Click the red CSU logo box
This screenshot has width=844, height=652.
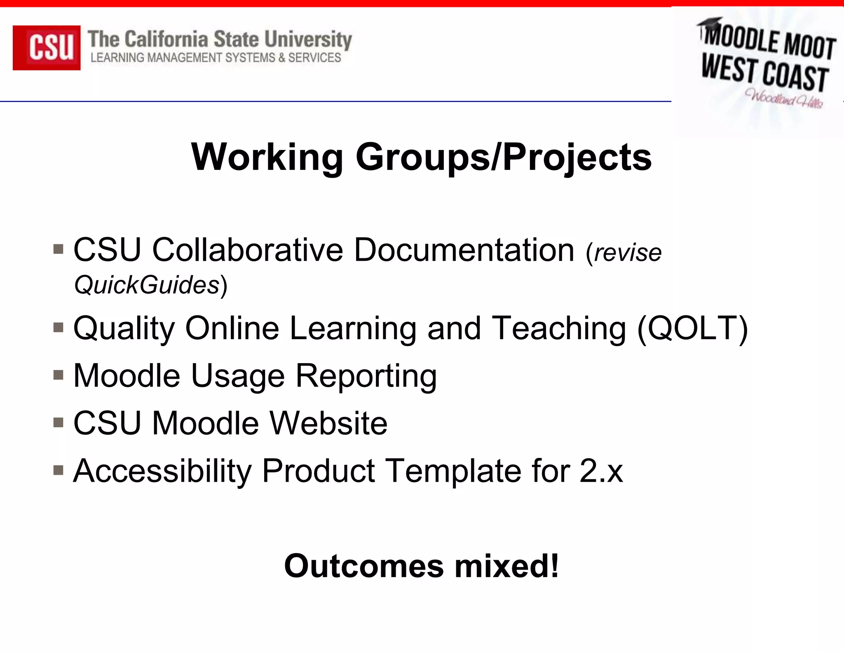[x=47, y=47]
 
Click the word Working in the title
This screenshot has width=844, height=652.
[x=267, y=157]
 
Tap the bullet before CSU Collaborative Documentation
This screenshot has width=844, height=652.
[x=58, y=249]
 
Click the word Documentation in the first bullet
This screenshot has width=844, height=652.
[x=464, y=250]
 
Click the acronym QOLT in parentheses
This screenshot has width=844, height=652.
[x=692, y=328]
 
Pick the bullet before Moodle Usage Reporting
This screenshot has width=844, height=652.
[x=58, y=375]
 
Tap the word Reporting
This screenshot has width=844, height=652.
[x=366, y=376]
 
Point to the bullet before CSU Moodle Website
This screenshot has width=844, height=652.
[x=58, y=422]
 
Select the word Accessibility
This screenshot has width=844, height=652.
[x=162, y=471]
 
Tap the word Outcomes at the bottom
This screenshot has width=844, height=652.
[x=364, y=566]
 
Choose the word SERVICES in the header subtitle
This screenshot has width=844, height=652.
[x=314, y=58]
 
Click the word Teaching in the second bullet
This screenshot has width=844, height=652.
[x=559, y=328]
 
